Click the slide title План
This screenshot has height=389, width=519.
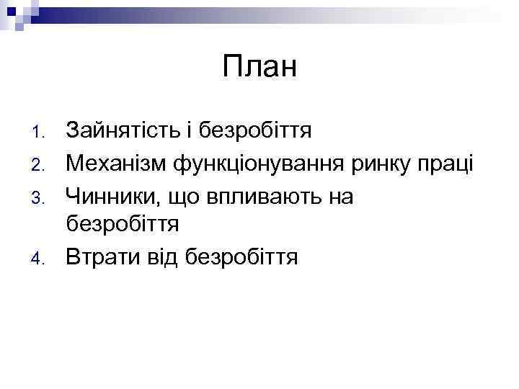click(259, 68)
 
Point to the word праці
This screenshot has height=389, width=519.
click(449, 164)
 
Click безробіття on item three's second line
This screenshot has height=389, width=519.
click(123, 224)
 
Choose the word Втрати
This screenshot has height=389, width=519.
click(101, 256)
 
